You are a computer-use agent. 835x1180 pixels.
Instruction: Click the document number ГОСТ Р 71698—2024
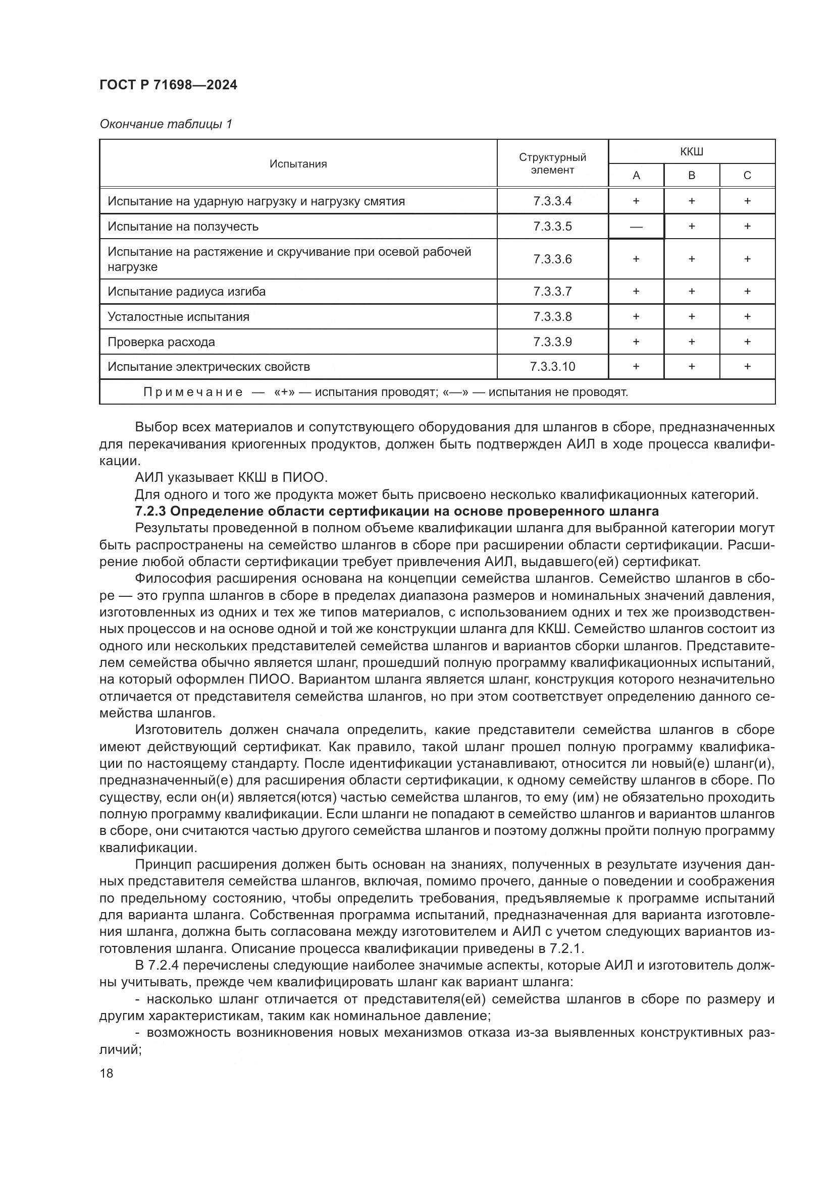[x=168, y=85]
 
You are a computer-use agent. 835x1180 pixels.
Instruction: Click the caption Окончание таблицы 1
[x=166, y=124]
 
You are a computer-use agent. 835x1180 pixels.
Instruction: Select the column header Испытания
[x=298, y=164]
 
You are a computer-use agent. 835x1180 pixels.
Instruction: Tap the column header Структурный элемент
[x=552, y=163]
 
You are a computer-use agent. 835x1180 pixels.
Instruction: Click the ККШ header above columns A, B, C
[x=691, y=152]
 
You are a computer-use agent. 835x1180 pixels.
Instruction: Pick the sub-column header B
[x=692, y=176]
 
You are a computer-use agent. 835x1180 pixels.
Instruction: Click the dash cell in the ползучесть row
[x=636, y=227]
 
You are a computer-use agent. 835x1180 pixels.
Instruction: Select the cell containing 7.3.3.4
[x=552, y=201]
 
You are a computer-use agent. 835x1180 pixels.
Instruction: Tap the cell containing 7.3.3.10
[x=552, y=366]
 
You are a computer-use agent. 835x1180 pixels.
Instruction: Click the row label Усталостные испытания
[x=178, y=317]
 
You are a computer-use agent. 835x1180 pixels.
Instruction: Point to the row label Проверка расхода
[x=161, y=342]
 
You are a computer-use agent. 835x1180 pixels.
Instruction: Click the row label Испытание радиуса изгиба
[x=187, y=292]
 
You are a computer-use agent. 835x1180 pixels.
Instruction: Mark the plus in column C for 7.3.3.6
[x=747, y=259]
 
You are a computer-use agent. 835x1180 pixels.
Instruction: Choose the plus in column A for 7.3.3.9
[x=636, y=342]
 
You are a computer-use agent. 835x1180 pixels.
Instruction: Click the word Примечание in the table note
[x=193, y=392]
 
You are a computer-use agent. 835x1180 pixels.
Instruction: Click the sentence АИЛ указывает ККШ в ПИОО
[x=231, y=478]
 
